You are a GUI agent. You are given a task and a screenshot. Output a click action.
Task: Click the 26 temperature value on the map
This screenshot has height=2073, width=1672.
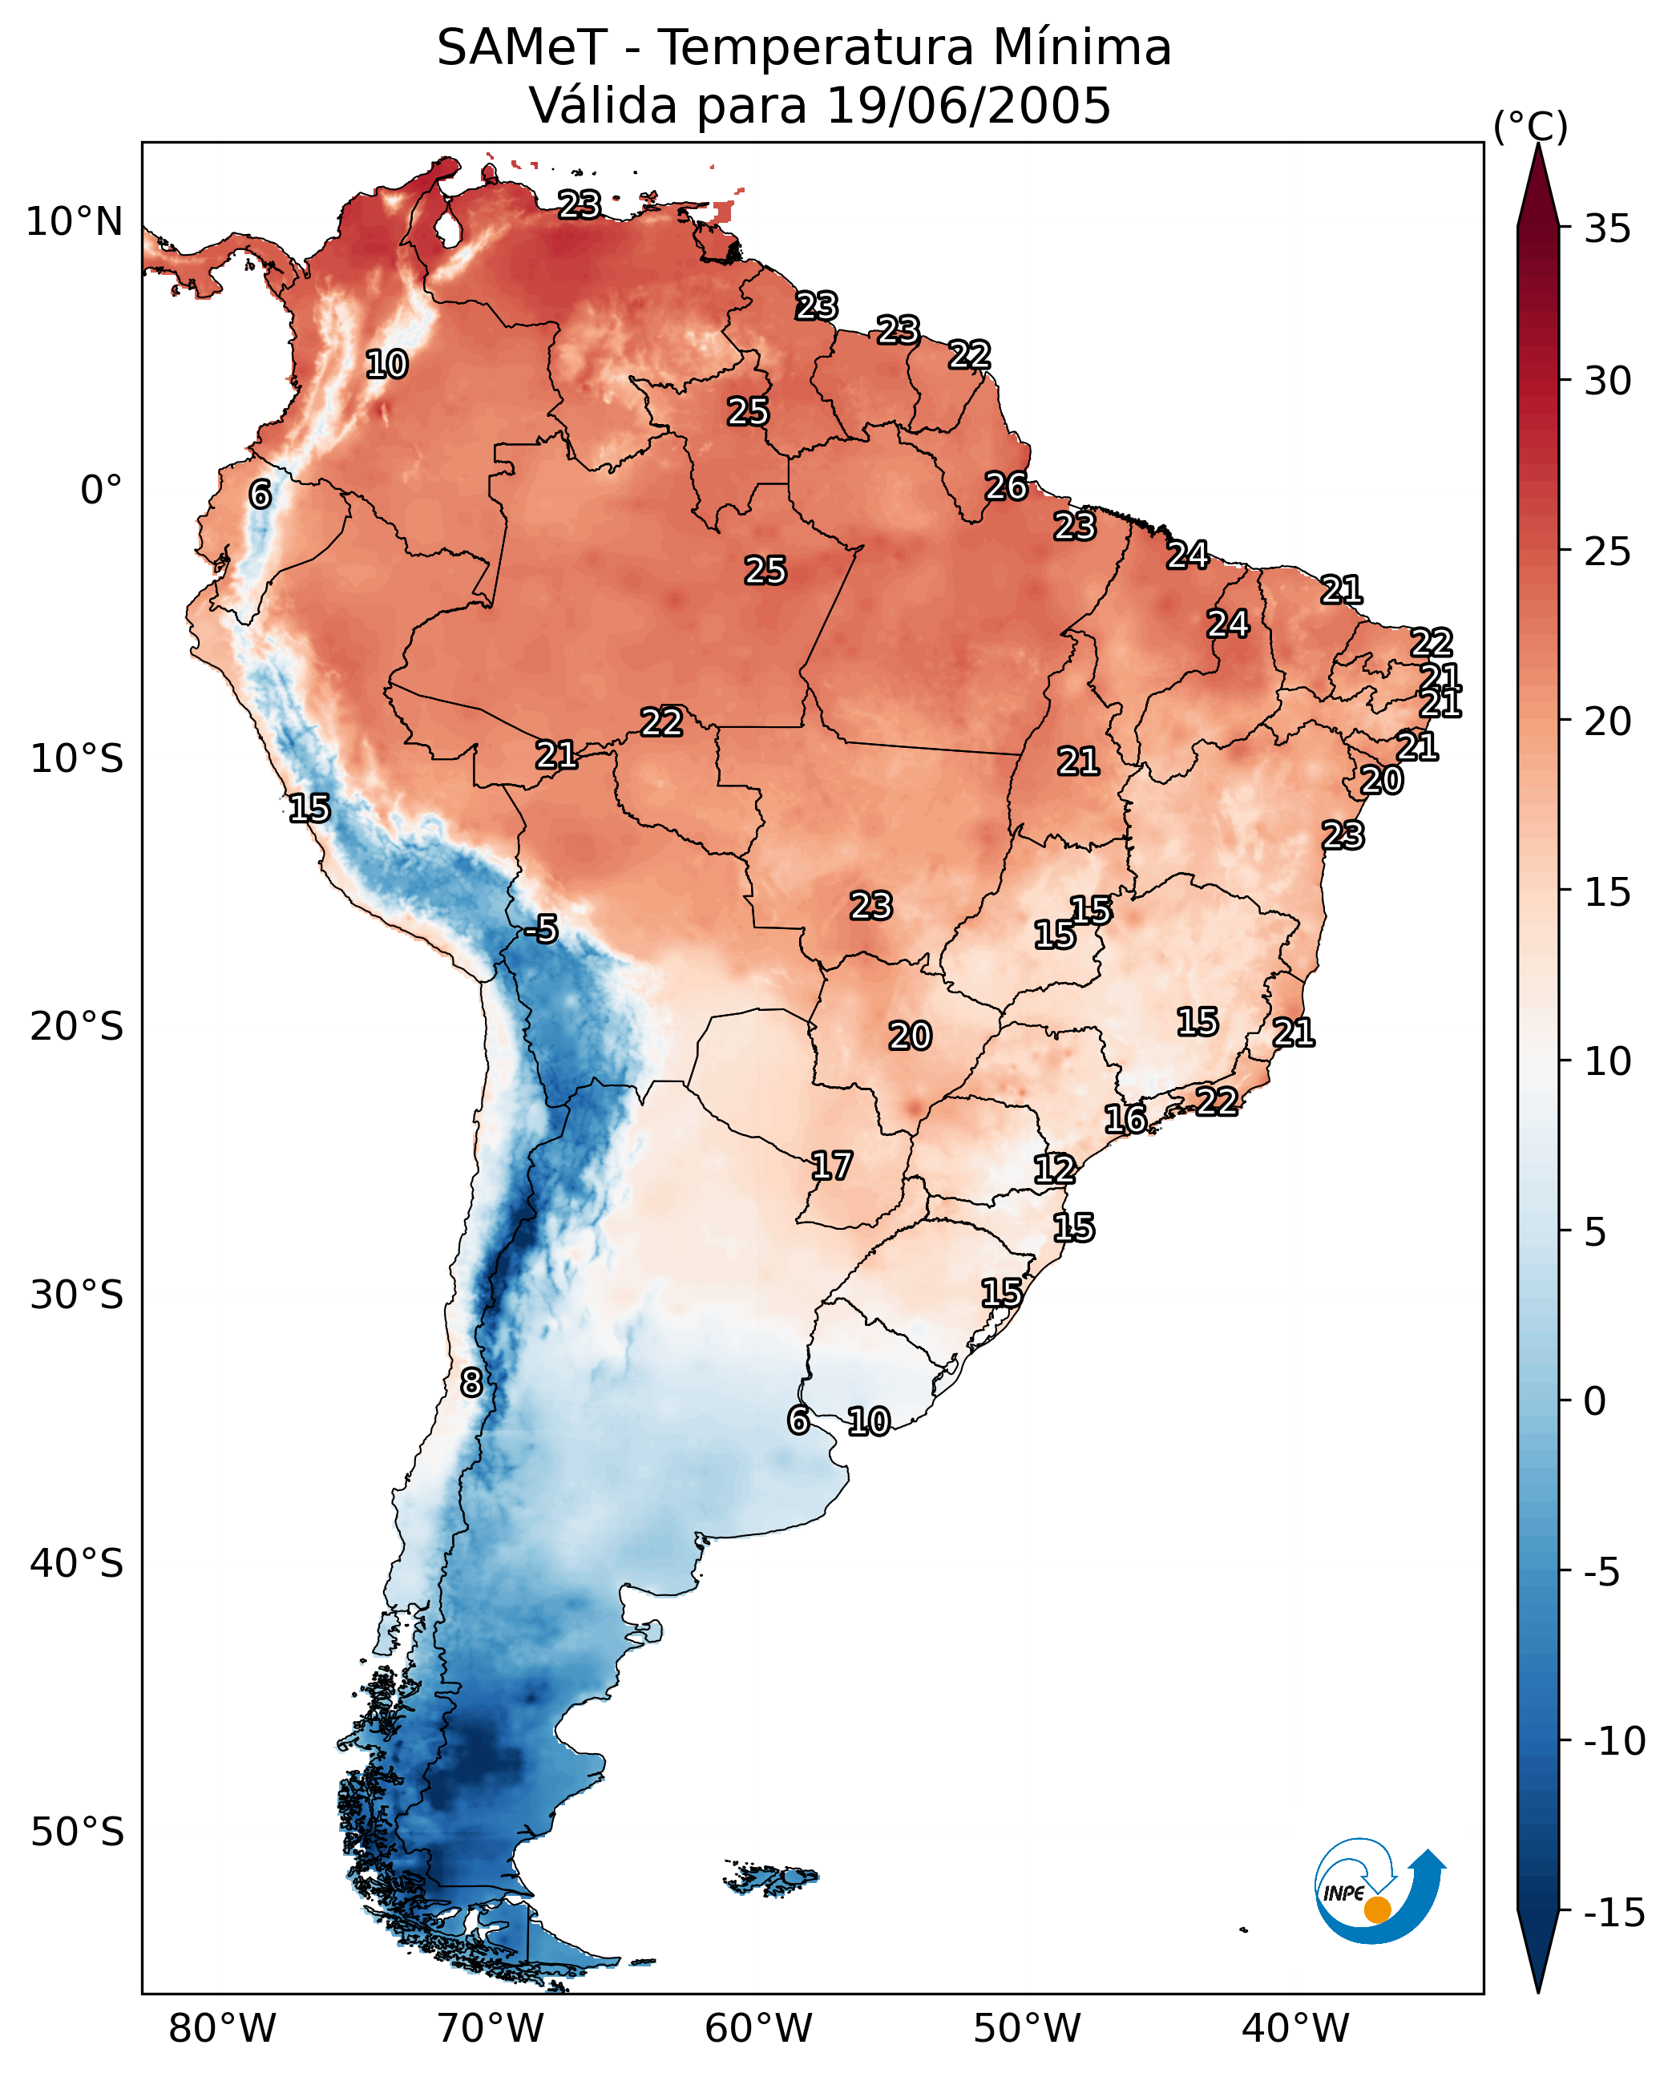point(1007,487)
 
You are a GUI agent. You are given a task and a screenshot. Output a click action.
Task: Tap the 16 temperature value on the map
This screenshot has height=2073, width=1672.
point(1125,1119)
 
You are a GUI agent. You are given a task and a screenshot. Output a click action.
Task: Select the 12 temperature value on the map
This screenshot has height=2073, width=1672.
point(1055,1170)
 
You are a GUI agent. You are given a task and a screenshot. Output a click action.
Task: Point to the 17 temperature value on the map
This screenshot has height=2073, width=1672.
point(831,1166)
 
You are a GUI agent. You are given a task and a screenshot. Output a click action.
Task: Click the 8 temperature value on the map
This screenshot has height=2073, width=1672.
point(471,1384)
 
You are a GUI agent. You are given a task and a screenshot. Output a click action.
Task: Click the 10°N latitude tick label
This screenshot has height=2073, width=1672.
point(75,223)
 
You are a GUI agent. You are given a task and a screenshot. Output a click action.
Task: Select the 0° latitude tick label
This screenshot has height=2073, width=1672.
point(101,491)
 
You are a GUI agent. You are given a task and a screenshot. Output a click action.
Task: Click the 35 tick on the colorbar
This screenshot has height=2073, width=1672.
point(1607,229)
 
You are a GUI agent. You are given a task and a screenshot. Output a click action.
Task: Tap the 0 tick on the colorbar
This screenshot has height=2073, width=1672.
point(1596,1401)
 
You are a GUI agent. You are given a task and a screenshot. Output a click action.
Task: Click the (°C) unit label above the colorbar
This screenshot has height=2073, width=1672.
point(1530,126)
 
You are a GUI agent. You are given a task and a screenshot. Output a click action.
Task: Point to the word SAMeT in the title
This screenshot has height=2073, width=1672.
point(522,47)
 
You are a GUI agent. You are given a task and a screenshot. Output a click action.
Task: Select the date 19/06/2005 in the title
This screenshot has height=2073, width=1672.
point(969,105)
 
